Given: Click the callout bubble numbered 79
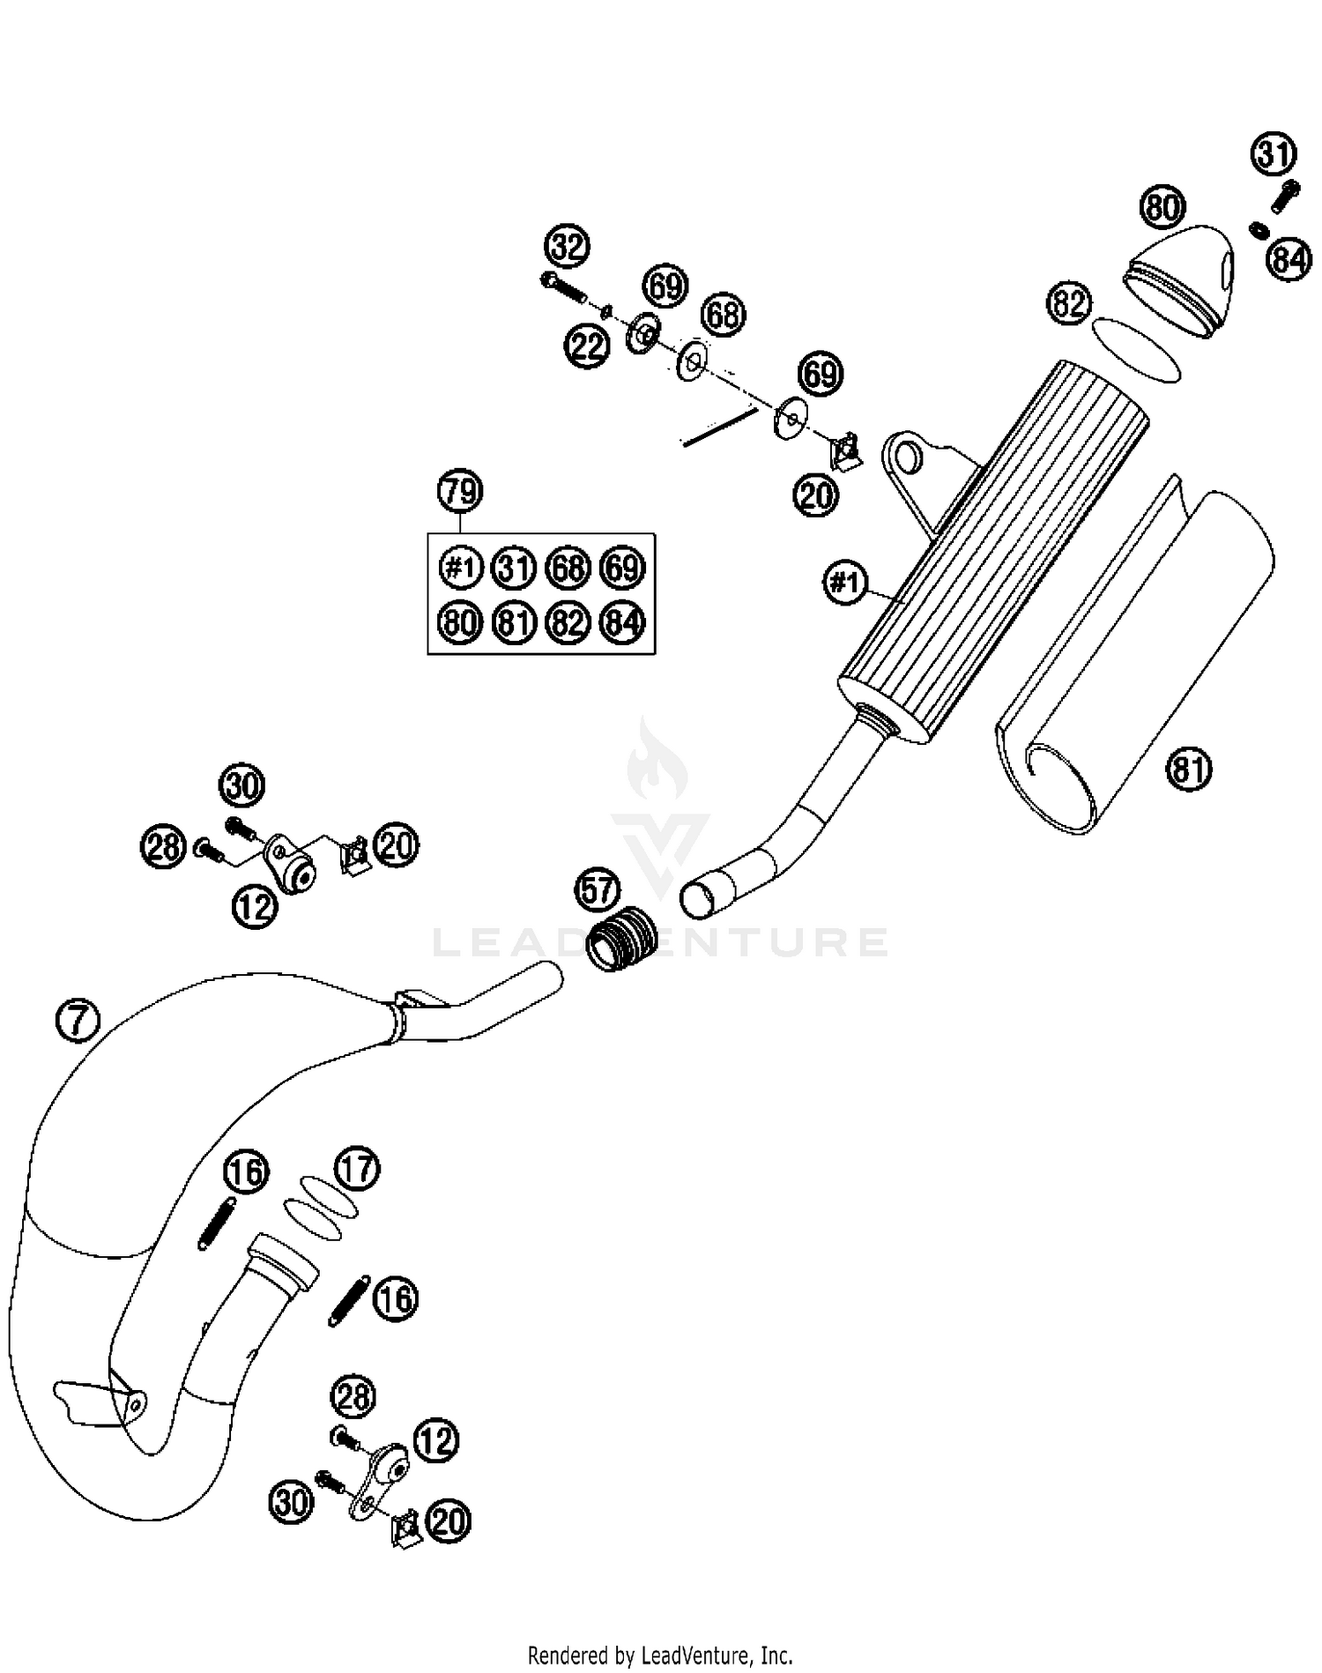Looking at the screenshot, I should point(460,491).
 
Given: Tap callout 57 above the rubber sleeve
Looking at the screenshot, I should point(598,890).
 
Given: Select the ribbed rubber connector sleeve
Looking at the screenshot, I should point(622,940).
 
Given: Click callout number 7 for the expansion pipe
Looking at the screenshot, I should point(78,1021).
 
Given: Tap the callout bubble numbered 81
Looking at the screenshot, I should point(1188,769).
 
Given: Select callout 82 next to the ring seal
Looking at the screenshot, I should point(1068,304).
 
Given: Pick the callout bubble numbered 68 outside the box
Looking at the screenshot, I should point(723,315).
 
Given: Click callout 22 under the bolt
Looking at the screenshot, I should point(587,346).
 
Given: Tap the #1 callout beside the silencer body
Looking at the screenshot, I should point(845,583).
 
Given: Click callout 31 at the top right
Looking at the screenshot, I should point(1273,155).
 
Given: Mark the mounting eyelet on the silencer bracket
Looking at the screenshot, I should point(908,458).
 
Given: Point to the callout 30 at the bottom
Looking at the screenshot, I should point(291,1502).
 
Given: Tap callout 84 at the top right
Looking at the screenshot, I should point(1289,260).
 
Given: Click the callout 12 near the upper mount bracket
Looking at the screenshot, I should point(256,906).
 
